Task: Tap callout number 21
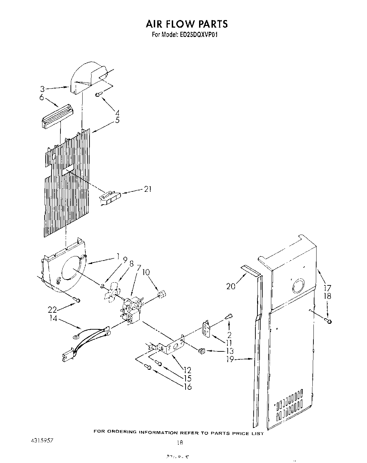click(x=148, y=189)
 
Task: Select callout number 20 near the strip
click(x=231, y=286)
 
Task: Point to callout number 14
click(x=54, y=319)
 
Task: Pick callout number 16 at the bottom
click(x=188, y=386)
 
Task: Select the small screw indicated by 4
click(x=98, y=94)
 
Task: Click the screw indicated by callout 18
click(x=329, y=321)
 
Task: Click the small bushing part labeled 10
click(x=161, y=294)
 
